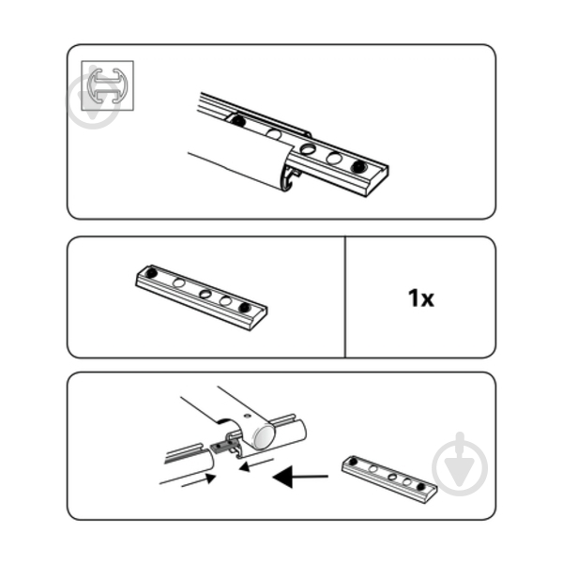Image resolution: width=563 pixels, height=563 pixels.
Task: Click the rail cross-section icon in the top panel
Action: [107, 85]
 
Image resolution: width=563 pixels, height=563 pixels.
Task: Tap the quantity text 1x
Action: [420, 298]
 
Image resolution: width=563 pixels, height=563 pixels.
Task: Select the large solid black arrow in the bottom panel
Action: [300, 477]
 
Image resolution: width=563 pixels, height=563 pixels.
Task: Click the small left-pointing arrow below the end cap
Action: [255, 465]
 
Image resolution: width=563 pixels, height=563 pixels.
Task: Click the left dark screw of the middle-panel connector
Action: [152, 273]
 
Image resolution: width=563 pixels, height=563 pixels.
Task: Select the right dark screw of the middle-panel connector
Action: [245, 308]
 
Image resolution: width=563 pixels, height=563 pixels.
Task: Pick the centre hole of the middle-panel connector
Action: [205, 294]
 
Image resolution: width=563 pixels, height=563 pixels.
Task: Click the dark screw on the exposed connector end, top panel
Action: [358, 166]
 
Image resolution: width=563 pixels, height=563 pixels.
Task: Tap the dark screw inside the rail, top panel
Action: [237, 121]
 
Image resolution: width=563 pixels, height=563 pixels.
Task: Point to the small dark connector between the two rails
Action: [221, 447]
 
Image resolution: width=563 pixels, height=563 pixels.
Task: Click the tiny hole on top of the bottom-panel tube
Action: [246, 416]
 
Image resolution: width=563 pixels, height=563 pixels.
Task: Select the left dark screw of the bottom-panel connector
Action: [354, 462]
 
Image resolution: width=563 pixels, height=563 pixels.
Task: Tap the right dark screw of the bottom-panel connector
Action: [420, 487]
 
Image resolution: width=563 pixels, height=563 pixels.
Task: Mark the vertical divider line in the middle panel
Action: [345, 297]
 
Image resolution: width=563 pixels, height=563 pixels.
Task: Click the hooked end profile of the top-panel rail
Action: [292, 178]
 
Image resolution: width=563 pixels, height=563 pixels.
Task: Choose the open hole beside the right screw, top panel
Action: [334, 158]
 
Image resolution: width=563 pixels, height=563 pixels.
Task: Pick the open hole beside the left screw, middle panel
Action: [179, 283]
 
